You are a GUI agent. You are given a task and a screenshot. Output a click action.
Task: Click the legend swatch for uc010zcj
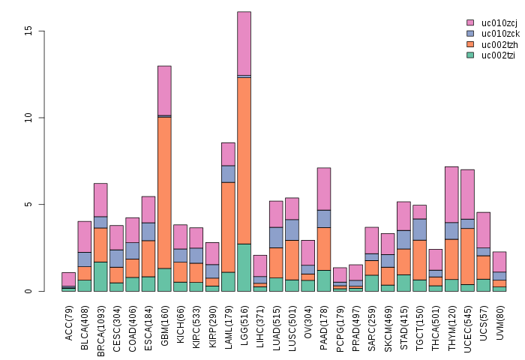tap(470, 23)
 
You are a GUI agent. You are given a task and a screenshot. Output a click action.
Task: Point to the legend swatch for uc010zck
tap(470, 34)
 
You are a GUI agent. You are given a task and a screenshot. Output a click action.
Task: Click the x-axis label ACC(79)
tap(69, 323)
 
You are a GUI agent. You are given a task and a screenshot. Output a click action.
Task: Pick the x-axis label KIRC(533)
tap(196, 327)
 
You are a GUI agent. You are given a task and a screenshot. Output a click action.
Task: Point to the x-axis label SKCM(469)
tap(388, 327)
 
